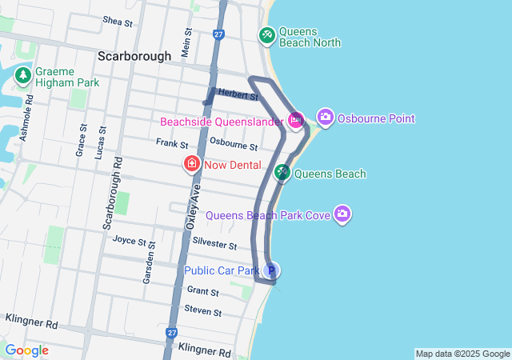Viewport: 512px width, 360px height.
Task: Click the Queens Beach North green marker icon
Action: click(x=266, y=35)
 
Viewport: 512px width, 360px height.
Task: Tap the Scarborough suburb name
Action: click(x=134, y=57)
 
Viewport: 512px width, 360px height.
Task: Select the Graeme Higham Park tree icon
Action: click(x=23, y=75)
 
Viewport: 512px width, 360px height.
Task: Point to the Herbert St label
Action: click(x=238, y=96)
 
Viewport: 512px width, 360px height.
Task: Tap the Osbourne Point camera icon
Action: click(x=325, y=118)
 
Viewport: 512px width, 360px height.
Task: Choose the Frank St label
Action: click(x=172, y=144)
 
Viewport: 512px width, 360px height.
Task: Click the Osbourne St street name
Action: click(x=233, y=146)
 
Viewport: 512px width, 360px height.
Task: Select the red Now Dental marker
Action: click(x=192, y=165)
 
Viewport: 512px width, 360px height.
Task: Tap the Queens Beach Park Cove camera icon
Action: click(x=342, y=214)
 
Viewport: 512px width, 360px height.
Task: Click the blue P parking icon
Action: click(x=271, y=271)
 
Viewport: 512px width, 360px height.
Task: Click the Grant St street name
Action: click(x=203, y=291)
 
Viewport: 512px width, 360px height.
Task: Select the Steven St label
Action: click(x=202, y=310)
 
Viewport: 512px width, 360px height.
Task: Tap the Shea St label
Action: click(x=118, y=22)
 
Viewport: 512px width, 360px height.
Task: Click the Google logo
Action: click(x=26, y=350)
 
